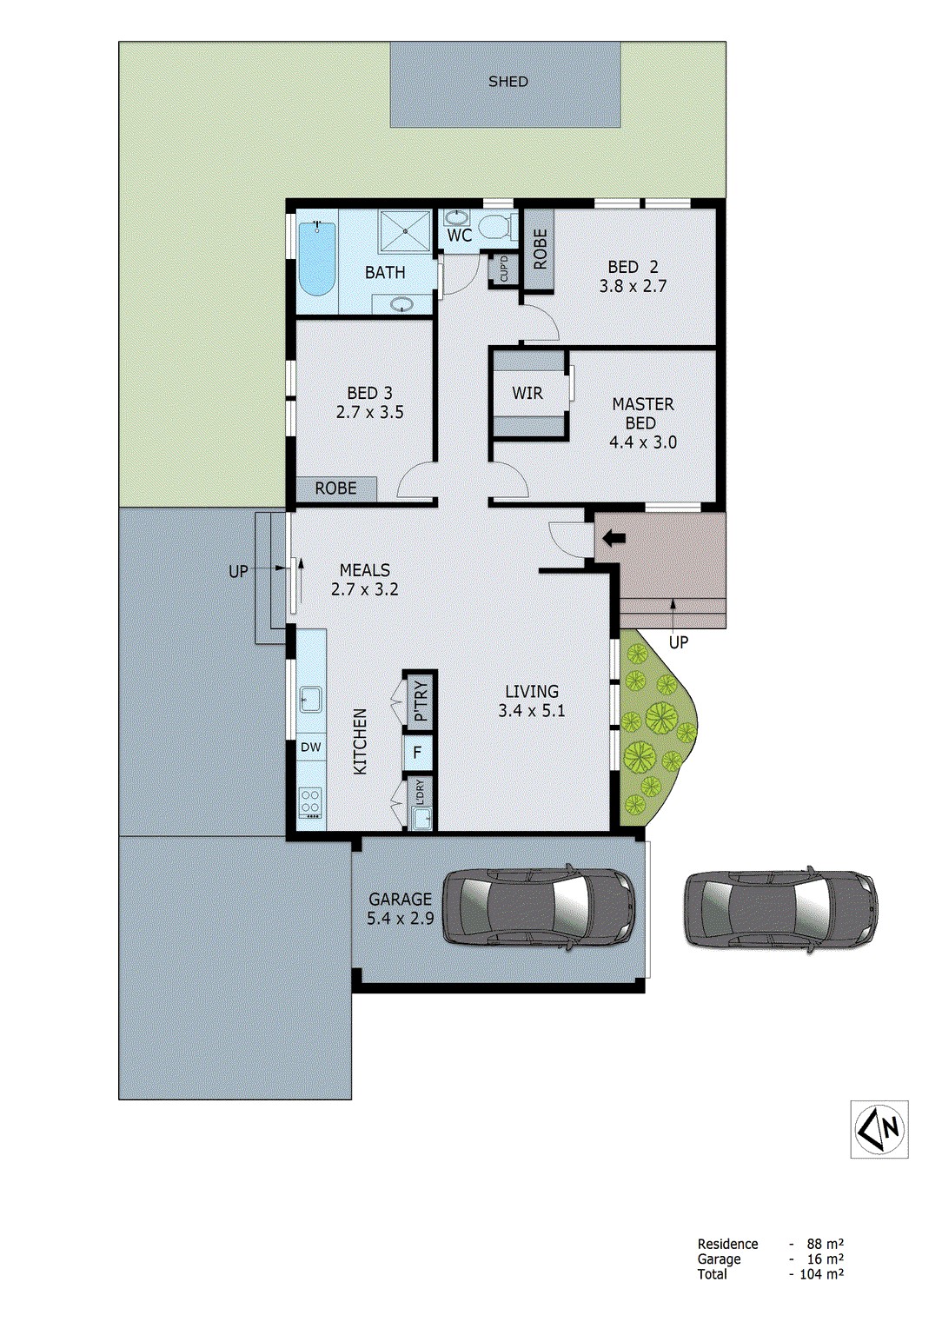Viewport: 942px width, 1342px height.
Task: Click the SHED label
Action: [x=507, y=82]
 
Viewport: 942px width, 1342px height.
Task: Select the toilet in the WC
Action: [x=498, y=228]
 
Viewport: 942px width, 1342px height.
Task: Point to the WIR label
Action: [x=527, y=393]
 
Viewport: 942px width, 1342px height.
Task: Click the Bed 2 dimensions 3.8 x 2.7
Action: [x=633, y=286]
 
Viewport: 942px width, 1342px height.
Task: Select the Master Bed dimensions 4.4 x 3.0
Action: [x=642, y=442]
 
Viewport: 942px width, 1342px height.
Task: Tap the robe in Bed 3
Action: [x=336, y=488]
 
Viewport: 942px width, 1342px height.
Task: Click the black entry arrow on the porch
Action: [x=614, y=539]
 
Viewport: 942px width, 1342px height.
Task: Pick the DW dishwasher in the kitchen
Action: [x=310, y=747]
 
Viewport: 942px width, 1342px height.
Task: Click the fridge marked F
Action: [x=418, y=752]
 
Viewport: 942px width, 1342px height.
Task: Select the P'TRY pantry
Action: [x=421, y=701]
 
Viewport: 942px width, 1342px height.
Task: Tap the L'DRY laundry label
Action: [x=421, y=792]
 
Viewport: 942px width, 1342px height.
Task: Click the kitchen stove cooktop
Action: [x=310, y=801]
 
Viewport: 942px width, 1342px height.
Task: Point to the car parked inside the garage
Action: [x=541, y=905]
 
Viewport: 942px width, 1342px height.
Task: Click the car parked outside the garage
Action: [x=780, y=909]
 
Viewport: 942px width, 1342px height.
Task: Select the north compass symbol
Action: [x=879, y=1128]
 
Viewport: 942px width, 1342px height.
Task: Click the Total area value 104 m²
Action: [x=818, y=1274]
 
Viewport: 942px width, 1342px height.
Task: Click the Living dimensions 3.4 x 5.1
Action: [x=532, y=711]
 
